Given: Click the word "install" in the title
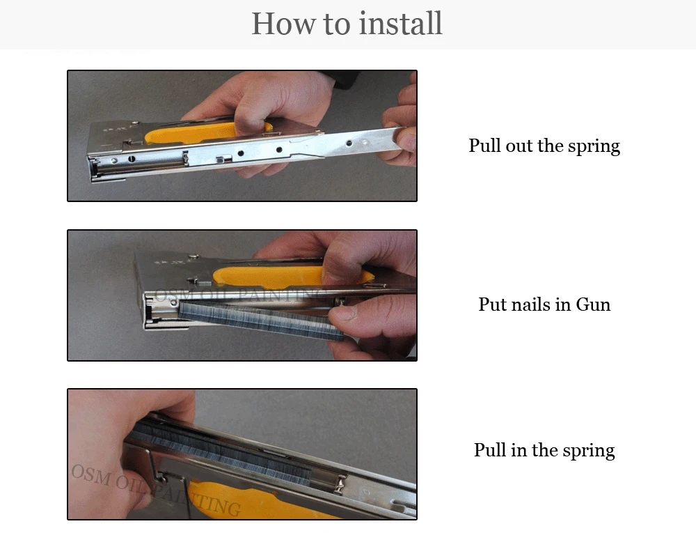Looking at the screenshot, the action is click(400, 23).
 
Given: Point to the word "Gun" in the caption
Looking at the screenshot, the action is click(593, 304).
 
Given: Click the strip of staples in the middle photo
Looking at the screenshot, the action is click(262, 320).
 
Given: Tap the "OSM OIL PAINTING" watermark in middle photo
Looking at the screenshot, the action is click(239, 295).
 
